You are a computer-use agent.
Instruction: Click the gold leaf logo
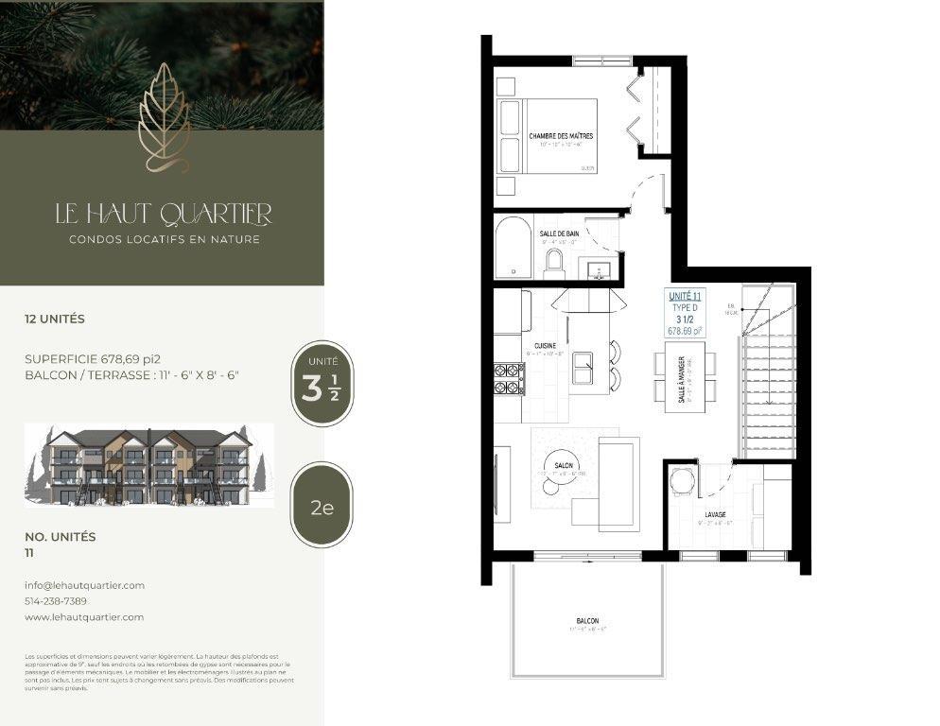[x=164, y=118]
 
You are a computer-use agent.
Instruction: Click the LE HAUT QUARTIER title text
[x=164, y=215]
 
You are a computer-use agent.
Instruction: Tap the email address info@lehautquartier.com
[x=84, y=585]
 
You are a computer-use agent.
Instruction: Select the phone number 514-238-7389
[x=56, y=601]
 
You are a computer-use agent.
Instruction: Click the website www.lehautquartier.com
[x=84, y=617]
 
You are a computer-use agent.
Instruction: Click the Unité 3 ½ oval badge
[x=322, y=384]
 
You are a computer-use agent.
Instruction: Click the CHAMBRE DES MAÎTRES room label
[x=561, y=137]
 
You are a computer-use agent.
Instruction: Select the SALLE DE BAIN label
[x=559, y=233]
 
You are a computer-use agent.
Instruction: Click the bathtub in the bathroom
[x=514, y=249]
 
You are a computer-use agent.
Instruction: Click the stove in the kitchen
[x=509, y=379]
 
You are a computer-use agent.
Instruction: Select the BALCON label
[x=586, y=621]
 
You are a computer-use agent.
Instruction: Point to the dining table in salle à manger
[x=686, y=377]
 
